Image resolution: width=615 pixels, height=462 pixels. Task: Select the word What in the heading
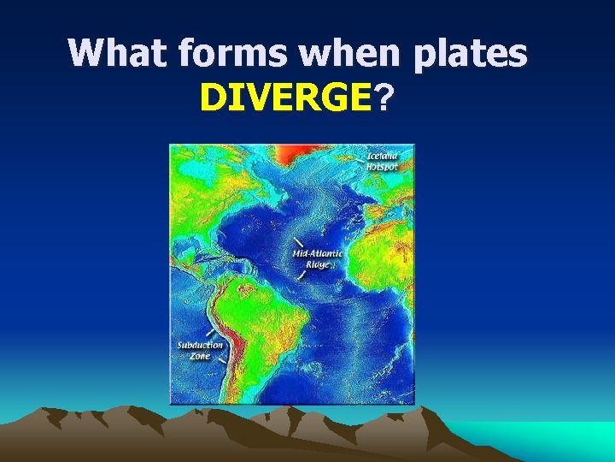point(120,54)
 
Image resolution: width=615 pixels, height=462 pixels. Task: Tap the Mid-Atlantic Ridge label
point(317,259)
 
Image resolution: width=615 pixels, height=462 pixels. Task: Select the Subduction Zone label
point(200,350)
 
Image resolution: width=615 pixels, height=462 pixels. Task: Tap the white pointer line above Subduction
point(209,332)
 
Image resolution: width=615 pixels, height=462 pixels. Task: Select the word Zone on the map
point(200,355)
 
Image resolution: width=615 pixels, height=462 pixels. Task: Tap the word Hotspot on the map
point(382,167)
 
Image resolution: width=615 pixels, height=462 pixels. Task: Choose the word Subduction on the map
point(200,346)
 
